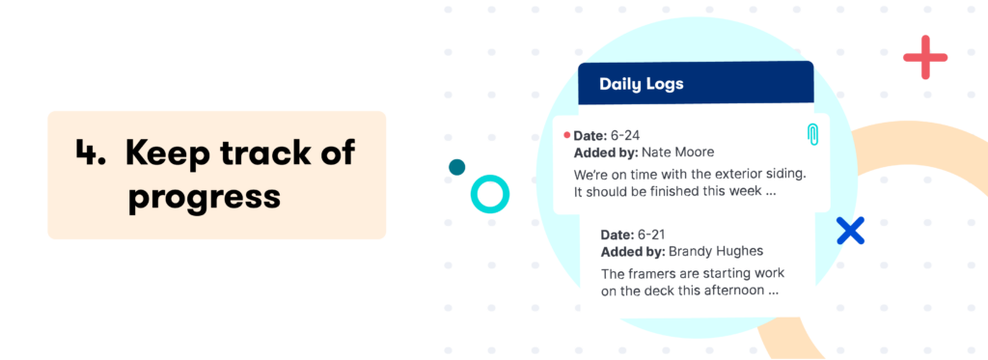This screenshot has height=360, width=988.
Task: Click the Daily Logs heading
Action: [642, 84]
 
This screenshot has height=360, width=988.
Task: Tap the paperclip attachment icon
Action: [812, 135]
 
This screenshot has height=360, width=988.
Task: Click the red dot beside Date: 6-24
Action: [566, 135]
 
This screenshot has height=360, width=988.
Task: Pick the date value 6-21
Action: [653, 235]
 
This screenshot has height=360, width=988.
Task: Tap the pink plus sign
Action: [925, 57]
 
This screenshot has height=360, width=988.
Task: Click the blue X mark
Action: [850, 230]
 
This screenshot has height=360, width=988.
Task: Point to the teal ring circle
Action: [489, 194]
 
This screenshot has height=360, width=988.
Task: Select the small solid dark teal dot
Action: [457, 167]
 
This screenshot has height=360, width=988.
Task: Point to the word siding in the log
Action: [783, 175]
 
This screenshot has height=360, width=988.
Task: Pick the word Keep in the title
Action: [163, 153]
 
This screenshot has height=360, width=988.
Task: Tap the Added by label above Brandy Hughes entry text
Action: [633, 252]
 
